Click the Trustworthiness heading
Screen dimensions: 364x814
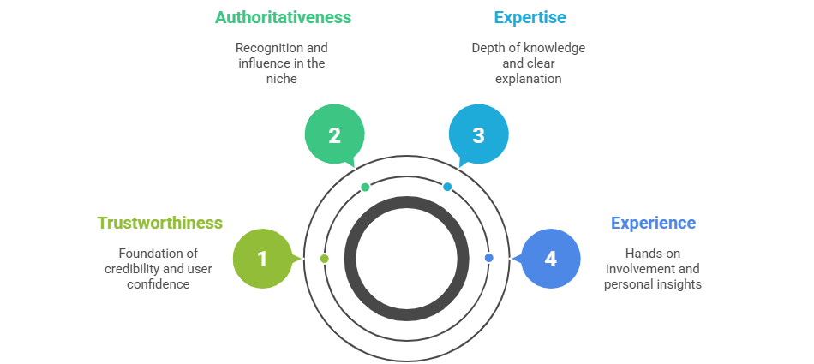coord(159,223)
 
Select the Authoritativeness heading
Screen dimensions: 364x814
coord(283,17)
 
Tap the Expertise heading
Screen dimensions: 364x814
coord(530,17)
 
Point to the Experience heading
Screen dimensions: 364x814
coord(653,223)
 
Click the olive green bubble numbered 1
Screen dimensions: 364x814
coord(262,259)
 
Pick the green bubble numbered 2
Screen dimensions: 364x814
coord(334,135)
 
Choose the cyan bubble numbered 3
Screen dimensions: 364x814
coord(478,135)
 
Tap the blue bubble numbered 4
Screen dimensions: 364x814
coord(550,259)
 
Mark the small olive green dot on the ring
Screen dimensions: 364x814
coord(324,258)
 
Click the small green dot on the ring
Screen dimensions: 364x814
coord(365,187)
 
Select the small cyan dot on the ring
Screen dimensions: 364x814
coord(447,187)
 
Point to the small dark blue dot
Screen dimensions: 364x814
coord(488,258)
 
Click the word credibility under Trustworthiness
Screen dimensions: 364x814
coord(133,268)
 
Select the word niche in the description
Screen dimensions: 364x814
coord(283,79)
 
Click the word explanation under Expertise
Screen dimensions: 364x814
coord(529,79)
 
